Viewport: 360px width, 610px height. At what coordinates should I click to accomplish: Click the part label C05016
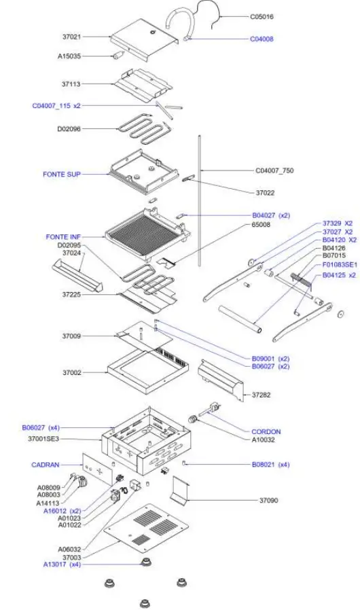click(262, 16)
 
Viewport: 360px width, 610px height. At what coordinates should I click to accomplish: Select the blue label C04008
click(262, 39)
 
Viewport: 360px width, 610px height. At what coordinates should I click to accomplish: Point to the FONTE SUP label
click(62, 175)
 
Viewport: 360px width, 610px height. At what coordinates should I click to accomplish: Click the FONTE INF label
click(63, 237)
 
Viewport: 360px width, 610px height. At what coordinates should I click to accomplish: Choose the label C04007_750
click(274, 171)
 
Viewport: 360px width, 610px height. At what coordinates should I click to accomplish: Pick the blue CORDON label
click(266, 431)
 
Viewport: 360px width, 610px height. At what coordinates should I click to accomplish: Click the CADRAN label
click(46, 465)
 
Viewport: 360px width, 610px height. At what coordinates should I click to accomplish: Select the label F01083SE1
click(339, 264)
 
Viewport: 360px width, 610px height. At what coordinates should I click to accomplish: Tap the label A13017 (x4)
click(62, 564)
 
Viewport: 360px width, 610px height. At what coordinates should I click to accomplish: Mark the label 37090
click(269, 501)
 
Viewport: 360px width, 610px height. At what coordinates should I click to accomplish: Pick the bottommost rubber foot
click(145, 603)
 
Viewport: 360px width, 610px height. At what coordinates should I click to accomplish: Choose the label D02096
click(69, 128)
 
